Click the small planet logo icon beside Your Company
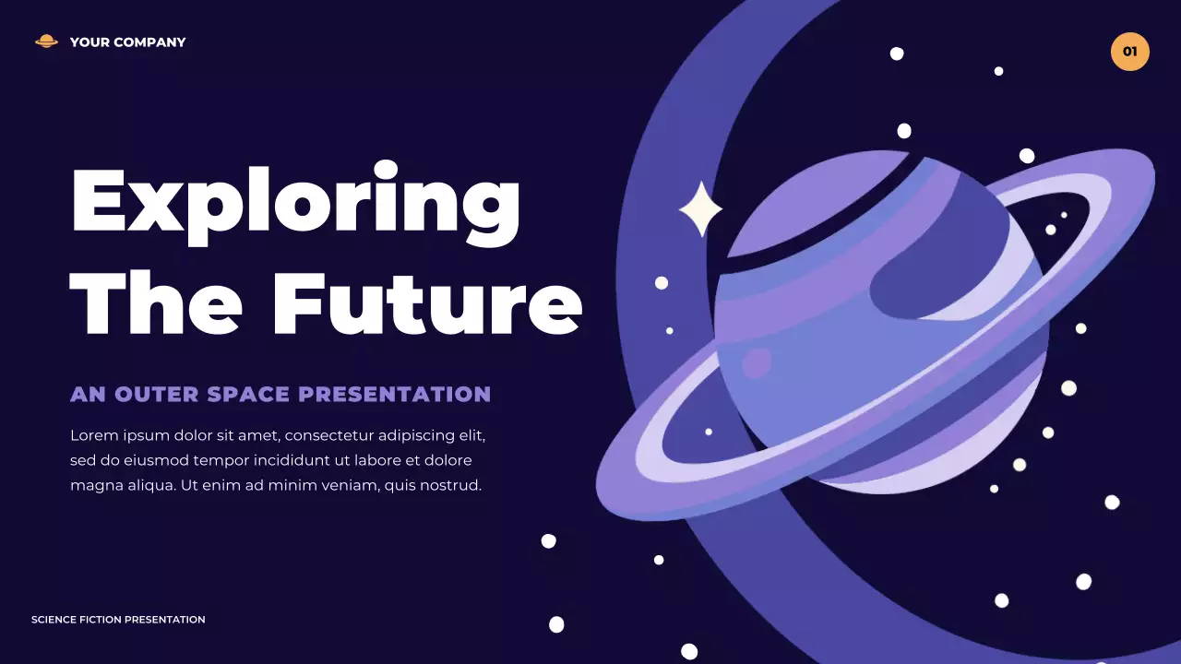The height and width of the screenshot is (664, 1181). coord(46,41)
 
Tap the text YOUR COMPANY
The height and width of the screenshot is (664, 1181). coord(127,42)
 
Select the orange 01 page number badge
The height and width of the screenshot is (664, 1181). coord(1129,52)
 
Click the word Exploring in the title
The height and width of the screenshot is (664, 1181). coord(295,201)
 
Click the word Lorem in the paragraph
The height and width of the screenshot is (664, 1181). coord(91,435)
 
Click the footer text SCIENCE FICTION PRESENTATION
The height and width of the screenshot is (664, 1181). coord(118,620)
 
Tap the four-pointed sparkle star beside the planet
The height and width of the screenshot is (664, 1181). coord(699,209)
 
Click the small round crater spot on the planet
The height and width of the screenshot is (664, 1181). coord(757,362)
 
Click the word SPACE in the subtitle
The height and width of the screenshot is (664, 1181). coord(249,395)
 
